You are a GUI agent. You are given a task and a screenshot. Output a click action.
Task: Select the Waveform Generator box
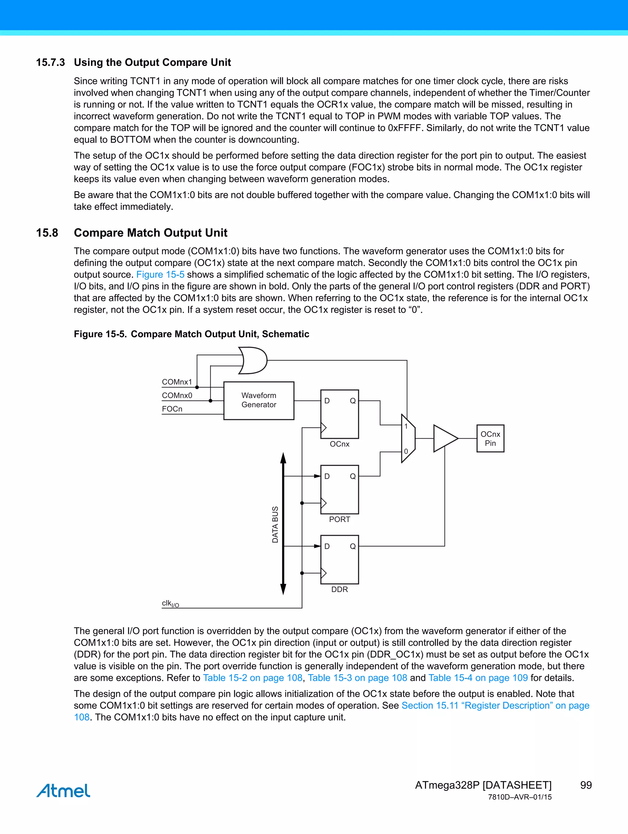tap(258, 400)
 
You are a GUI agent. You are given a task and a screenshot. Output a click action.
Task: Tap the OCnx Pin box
tap(490, 439)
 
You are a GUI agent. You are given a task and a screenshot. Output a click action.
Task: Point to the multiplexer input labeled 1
tap(406, 426)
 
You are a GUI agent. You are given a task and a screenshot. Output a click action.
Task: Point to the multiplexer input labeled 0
tap(406, 451)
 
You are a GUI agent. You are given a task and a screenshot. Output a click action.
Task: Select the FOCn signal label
tap(172, 409)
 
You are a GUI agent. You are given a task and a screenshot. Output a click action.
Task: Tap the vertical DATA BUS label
tap(275, 525)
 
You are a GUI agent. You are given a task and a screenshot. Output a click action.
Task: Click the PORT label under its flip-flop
tap(339, 520)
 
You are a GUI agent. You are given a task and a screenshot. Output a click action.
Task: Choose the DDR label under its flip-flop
tap(339, 589)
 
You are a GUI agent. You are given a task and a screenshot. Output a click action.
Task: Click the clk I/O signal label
tap(170, 604)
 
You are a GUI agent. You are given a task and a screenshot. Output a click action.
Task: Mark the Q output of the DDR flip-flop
tap(352, 546)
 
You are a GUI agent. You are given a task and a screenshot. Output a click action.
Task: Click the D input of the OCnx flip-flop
tap(327, 401)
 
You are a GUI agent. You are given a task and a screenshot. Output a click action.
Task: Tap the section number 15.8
tap(47, 233)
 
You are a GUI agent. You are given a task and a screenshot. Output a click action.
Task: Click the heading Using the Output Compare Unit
tap(152, 62)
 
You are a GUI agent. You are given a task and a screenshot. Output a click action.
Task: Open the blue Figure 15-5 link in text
tap(160, 275)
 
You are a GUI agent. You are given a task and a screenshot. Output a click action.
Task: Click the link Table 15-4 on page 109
tap(478, 678)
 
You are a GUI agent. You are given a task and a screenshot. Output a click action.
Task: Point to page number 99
tap(586, 785)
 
